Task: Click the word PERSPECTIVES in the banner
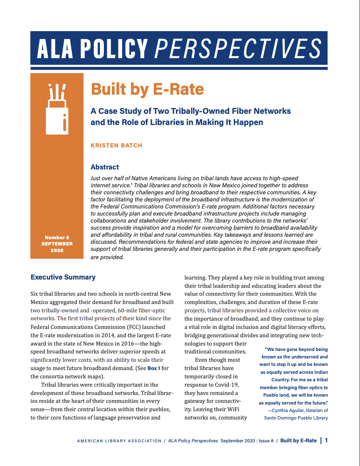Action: (x=237, y=49)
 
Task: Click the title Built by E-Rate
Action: (x=147, y=89)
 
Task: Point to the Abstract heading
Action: (x=105, y=167)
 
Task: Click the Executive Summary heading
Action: (x=63, y=277)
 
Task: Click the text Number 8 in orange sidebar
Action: (x=57, y=238)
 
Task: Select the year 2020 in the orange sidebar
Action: (x=57, y=250)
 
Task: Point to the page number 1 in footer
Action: (x=326, y=441)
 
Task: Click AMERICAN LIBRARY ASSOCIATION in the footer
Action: (x=119, y=441)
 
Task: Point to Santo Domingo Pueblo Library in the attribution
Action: (x=296, y=418)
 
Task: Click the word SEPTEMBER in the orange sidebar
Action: (x=57, y=244)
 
